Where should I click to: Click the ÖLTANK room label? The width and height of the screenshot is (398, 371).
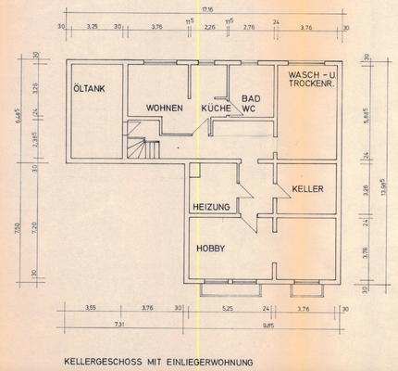[x=90, y=89]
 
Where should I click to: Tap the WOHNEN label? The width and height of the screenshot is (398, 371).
[x=165, y=108]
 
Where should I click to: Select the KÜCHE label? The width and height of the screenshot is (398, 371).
[x=216, y=108]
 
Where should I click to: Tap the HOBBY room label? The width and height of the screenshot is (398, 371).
[x=210, y=249]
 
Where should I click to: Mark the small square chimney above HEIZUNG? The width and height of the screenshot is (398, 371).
[x=194, y=170]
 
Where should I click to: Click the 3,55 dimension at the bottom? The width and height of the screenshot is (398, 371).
[x=92, y=307]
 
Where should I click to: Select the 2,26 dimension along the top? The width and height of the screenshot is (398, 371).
[x=209, y=28]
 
